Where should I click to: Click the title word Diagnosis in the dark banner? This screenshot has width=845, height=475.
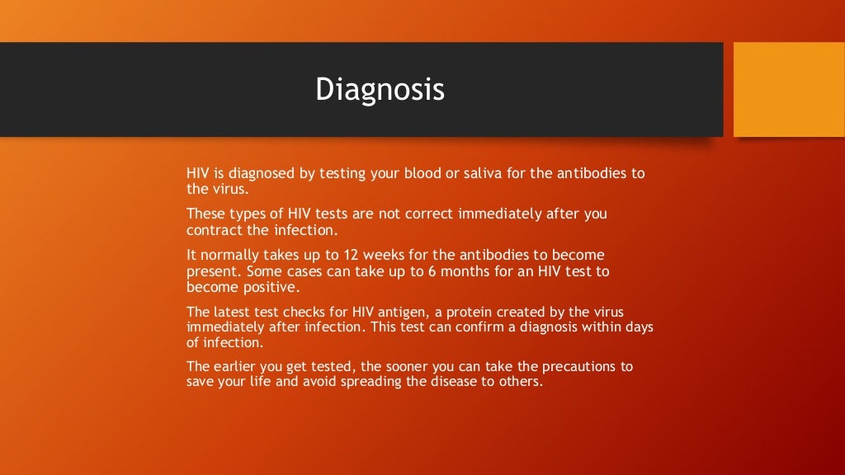[380, 90]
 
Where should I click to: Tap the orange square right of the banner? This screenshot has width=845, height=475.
[789, 90]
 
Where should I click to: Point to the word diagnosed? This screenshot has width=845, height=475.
[267, 173]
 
